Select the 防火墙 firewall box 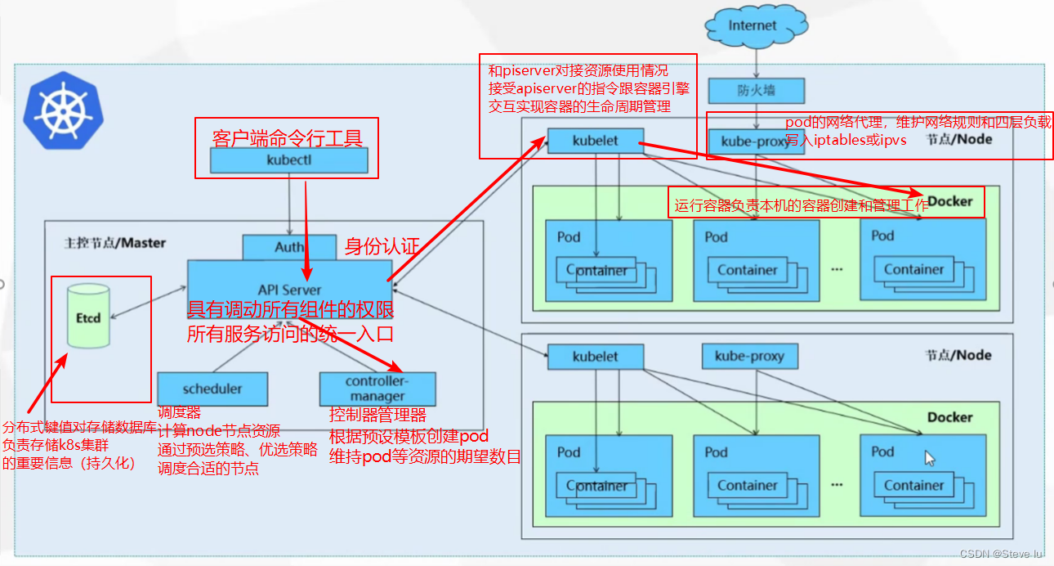point(757,91)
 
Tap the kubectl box point(289,160)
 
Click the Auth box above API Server point(289,247)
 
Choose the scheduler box point(212,389)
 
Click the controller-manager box point(377,389)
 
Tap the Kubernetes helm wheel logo point(60,110)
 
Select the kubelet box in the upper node point(595,141)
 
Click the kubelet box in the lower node point(595,357)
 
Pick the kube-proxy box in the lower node point(749,357)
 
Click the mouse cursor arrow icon point(930,458)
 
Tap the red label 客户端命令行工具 point(287,137)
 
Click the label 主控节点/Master point(114,243)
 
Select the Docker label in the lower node point(949,417)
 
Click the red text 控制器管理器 point(377,415)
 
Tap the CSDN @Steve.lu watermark point(1002,554)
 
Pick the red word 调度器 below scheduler point(179,413)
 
